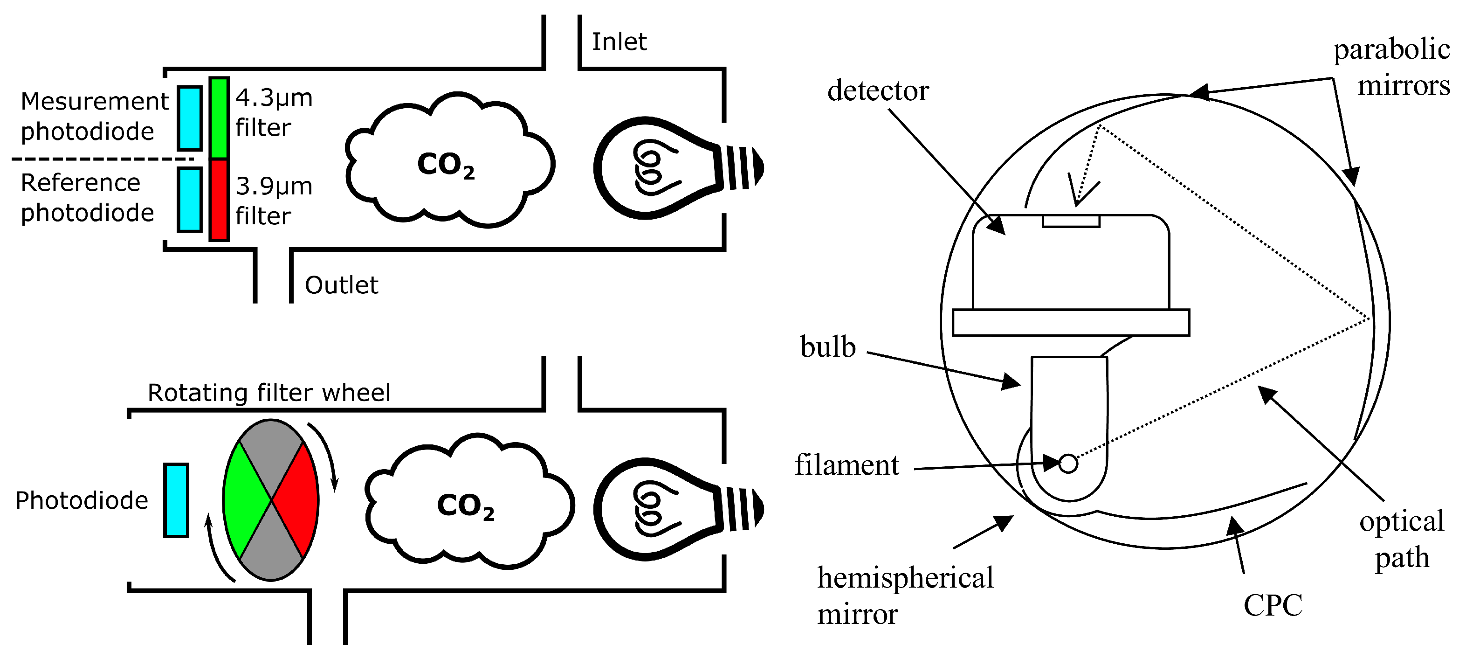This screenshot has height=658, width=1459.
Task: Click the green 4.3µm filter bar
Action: [x=219, y=118]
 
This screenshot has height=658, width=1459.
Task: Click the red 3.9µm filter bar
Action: [x=219, y=200]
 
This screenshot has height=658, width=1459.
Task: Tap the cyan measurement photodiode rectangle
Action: [x=190, y=118]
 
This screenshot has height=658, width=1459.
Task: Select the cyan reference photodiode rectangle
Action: [x=190, y=200]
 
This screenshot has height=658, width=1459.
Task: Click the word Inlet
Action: [x=619, y=42]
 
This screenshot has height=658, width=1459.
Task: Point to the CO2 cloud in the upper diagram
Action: [x=447, y=164]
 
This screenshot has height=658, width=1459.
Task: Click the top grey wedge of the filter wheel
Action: [x=271, y=453]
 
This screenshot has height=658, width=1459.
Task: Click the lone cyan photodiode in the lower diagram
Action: [x=176, y=500]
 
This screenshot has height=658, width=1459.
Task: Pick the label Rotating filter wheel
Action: [x=268, y=393]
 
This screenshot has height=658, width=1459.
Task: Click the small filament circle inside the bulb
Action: [x=1068, y=464]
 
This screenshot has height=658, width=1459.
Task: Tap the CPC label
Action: [x=1273, y=605]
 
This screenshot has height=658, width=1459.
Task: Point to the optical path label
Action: [x=1402, y=540]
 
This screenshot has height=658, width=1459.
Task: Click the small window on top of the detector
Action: [x=1071, y=221]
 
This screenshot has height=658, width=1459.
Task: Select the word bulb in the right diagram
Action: [x=827, y=347]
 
